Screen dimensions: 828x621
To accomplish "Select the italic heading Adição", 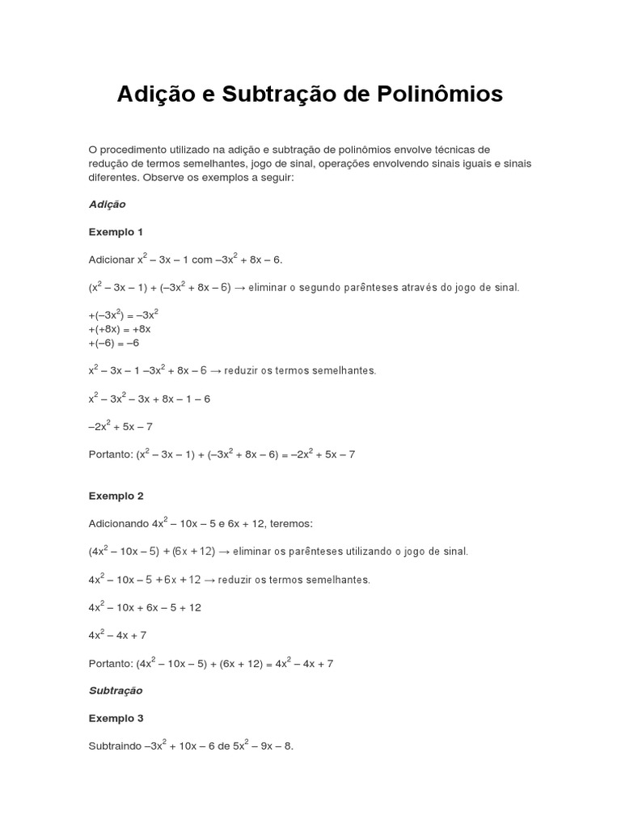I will click(x=107, y=205).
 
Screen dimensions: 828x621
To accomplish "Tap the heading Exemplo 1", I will click(x=116, y=232).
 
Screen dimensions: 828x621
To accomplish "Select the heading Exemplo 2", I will click(x=116, y=496).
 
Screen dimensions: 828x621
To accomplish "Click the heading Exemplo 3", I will click(x=116, y=718).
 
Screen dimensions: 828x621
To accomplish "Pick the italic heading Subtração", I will click(x=116, y=691).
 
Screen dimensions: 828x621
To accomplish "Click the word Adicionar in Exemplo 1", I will click(x=111, y=260).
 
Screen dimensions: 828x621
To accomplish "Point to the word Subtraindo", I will click(x=114, y=746).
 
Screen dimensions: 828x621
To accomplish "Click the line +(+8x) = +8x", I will click(x=120, y=329).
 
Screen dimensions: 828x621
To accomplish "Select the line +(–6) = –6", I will click(x=114, y=343).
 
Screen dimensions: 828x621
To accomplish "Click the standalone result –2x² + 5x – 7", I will click(x=120, y=427).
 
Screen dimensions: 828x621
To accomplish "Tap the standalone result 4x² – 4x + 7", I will click(x=118, y=636).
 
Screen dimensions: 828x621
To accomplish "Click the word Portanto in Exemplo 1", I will click(x=110, y=454).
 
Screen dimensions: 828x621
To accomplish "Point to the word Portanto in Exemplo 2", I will click(x=110, y=664).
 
